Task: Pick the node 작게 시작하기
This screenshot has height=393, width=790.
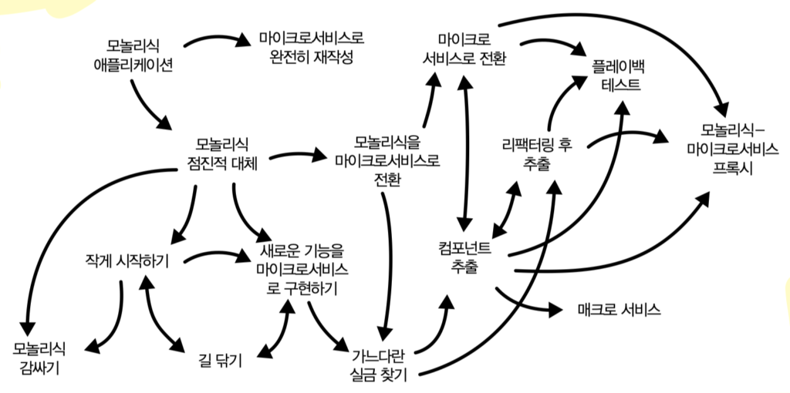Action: pyautogui.click(x=128, y=260)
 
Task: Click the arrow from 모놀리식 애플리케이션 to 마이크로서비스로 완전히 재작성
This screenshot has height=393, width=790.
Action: pyautogui.click(x=212, y=36)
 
